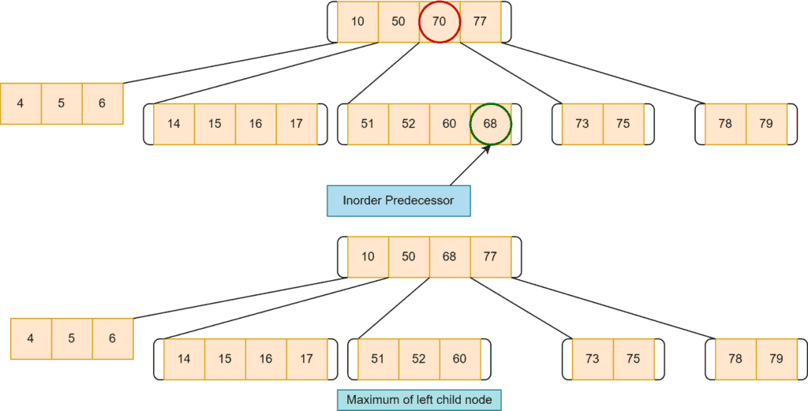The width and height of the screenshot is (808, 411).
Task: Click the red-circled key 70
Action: coord(440,21)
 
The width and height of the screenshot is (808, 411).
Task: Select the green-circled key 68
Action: coord(491,124)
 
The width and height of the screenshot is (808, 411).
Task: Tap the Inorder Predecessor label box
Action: coord(398,200)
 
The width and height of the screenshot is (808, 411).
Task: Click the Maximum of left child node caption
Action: coord(419,400)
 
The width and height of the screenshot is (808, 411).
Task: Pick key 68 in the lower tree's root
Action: coord(450,257)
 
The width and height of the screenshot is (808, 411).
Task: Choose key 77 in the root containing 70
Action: coord(481,21)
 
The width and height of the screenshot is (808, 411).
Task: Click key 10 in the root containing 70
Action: coord(358,21)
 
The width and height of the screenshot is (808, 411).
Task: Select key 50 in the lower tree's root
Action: coord(409,257)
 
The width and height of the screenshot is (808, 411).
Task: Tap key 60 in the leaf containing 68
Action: coord(450,124)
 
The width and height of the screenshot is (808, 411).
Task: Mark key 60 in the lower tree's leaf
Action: coord(460,359)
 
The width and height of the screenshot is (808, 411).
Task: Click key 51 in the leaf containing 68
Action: coord(368,124)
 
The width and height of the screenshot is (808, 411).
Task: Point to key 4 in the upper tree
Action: coord(21,103)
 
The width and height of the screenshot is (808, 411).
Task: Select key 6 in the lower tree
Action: coord(112,338)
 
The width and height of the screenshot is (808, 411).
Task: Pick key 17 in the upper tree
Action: coord(297,124)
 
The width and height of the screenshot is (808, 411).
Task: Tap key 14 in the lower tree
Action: coord(184,359)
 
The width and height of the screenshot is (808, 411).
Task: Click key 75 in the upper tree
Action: coord(623,124)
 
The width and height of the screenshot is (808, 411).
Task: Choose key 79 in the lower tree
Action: coord(776,359)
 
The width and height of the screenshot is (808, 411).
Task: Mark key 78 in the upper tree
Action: coord(725,124)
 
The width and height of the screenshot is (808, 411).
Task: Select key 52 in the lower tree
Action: coord(419,359)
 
